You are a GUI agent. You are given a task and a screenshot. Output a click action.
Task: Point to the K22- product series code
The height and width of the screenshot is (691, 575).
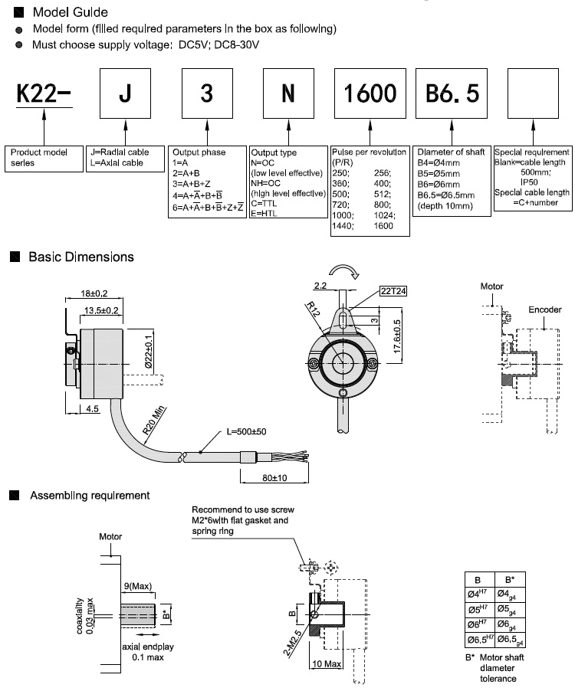tap(44, 93)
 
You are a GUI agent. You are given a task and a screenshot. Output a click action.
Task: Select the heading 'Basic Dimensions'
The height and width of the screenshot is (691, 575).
tap(81, 257)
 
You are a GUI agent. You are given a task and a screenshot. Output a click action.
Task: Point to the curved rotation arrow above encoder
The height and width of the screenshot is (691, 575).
tap(343, 271)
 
